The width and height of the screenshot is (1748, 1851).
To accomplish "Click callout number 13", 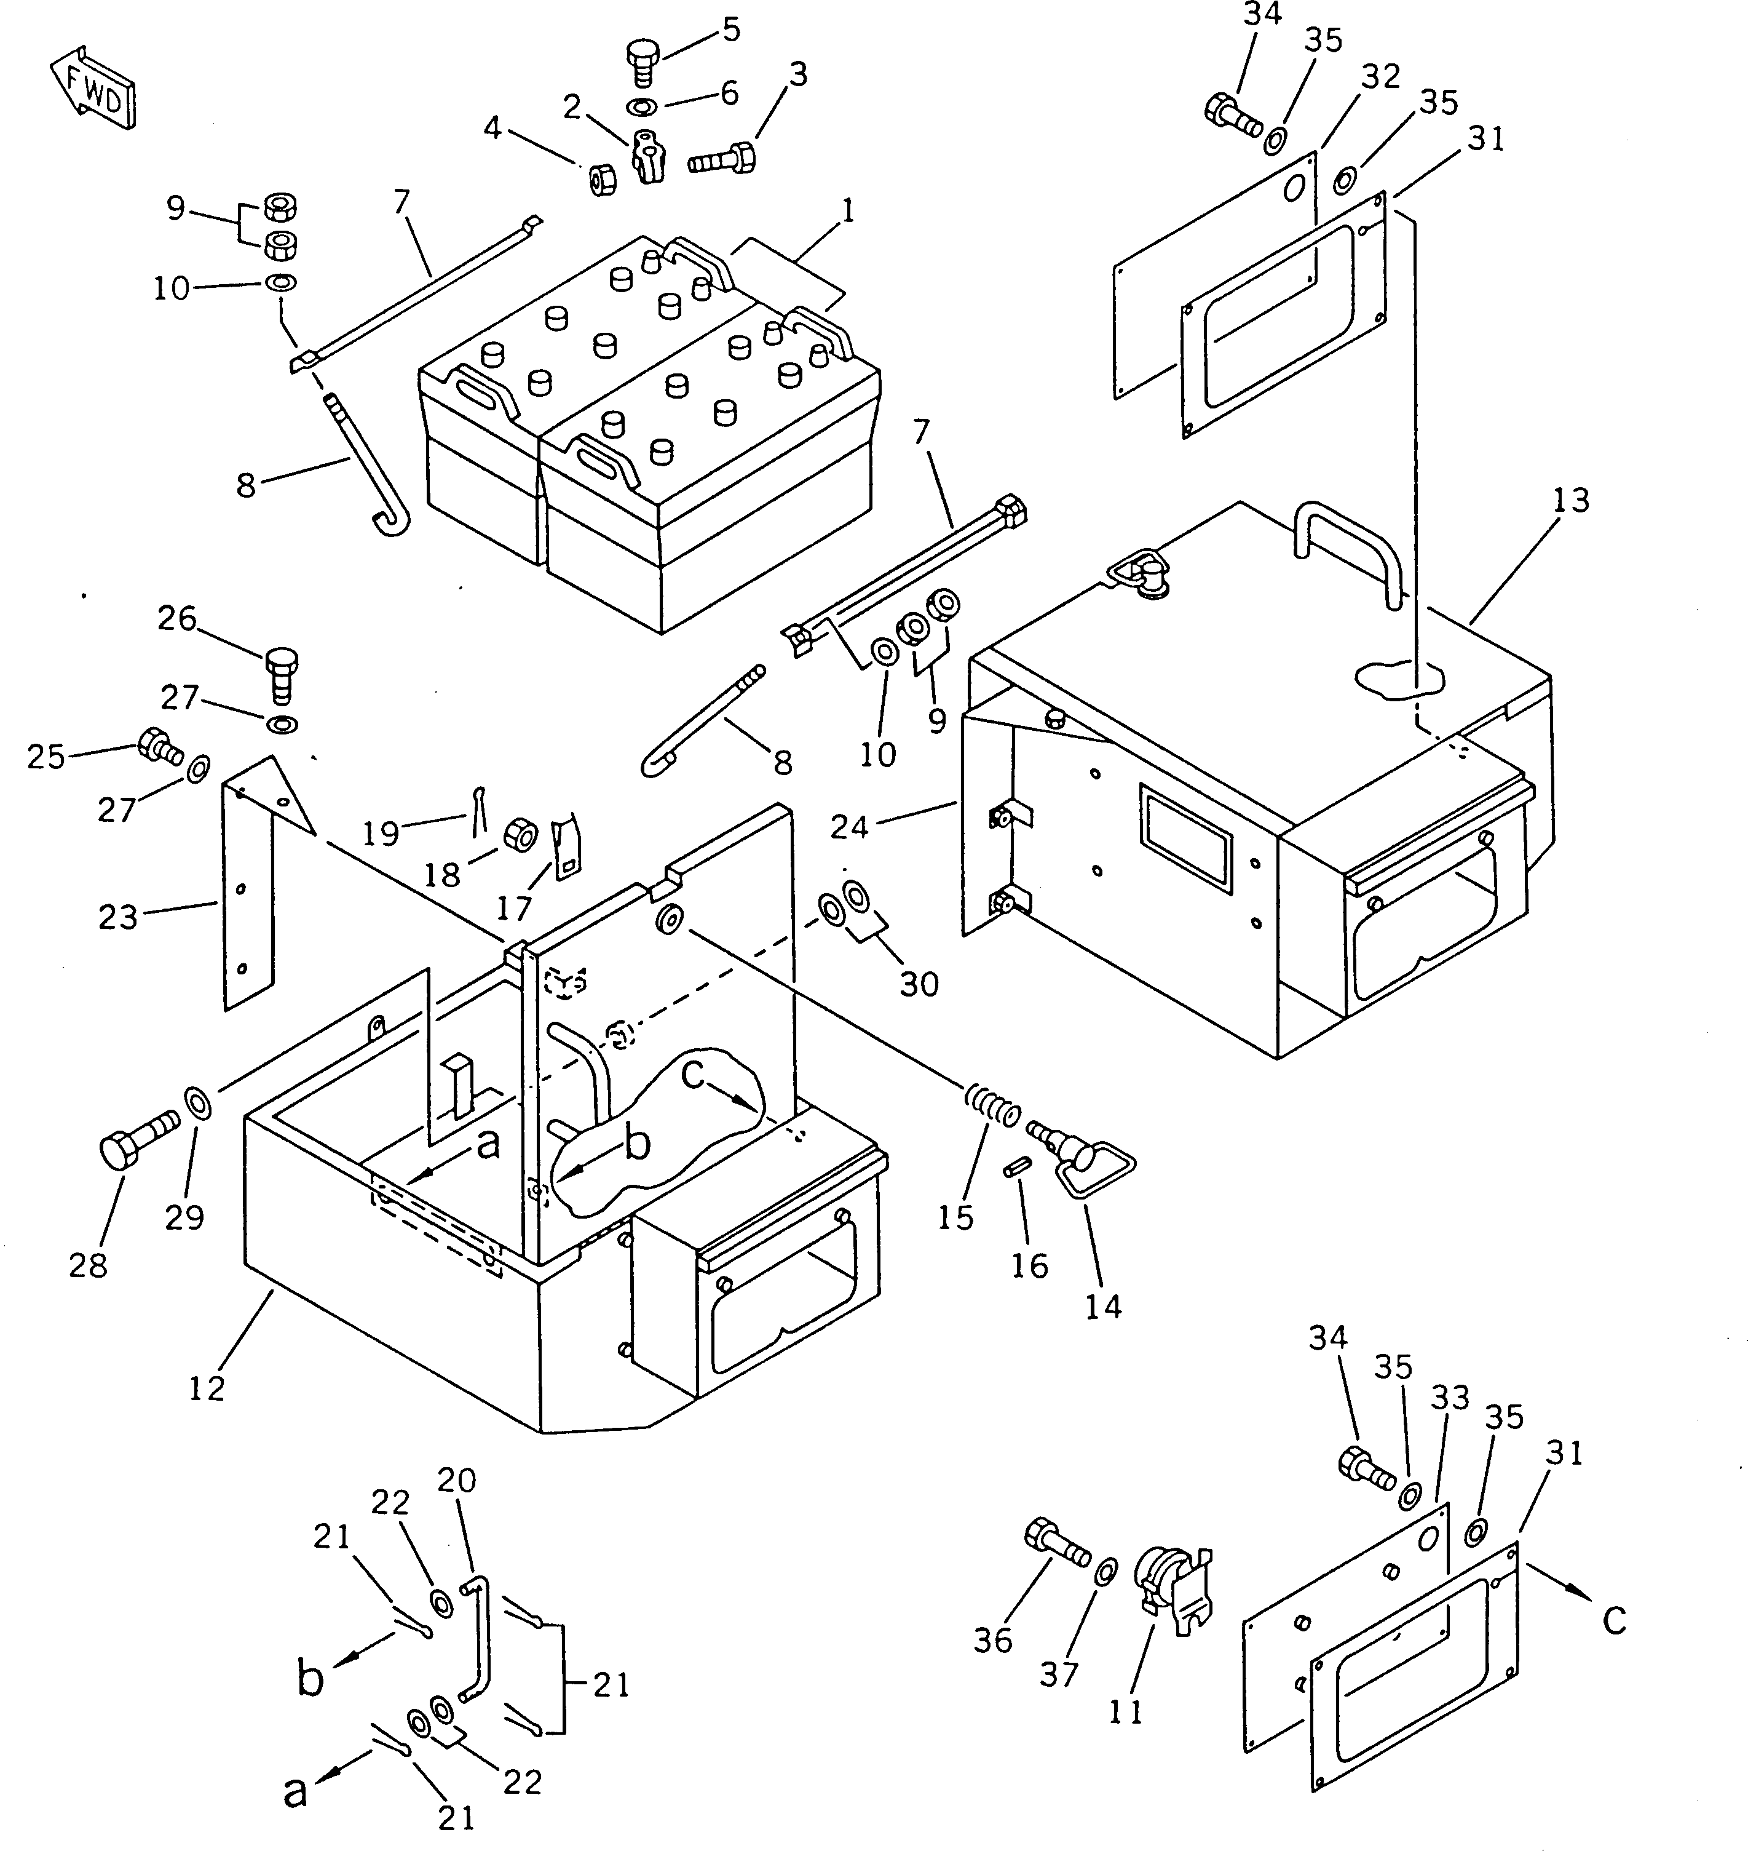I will click(1570, 501).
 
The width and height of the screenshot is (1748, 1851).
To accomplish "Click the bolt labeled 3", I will click(721, 159).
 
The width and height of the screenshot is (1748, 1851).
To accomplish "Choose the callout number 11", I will click(1126, 1711).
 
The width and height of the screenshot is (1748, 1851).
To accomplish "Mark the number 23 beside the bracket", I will click(118, 917).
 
